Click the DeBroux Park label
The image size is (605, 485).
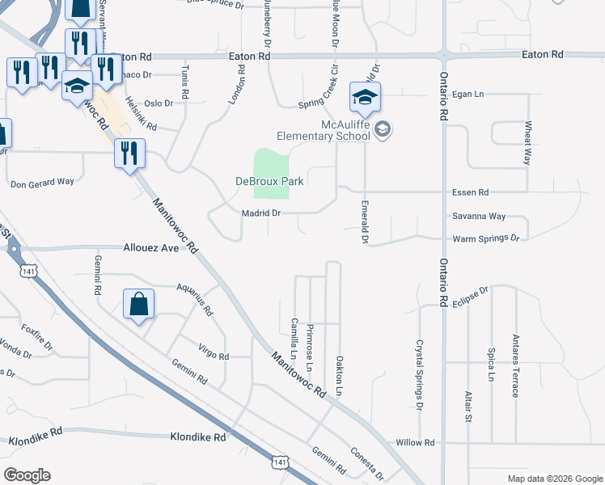pos(269,182)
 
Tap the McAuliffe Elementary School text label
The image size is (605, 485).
pos(328,129)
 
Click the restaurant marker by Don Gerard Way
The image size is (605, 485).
pos(129,154)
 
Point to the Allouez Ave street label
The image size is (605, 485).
pos(150,248)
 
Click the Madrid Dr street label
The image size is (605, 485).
pos(260,213)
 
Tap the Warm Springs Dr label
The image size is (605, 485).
pos(485,238)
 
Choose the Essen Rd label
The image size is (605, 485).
pos(472,192)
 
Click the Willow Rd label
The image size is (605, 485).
pos(416,443)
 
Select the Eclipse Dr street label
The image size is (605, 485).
pos(472,294)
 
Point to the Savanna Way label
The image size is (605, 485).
pos(479,217)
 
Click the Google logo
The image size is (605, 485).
pos(27,475)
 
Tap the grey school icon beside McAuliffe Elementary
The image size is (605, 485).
pos(383,129)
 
